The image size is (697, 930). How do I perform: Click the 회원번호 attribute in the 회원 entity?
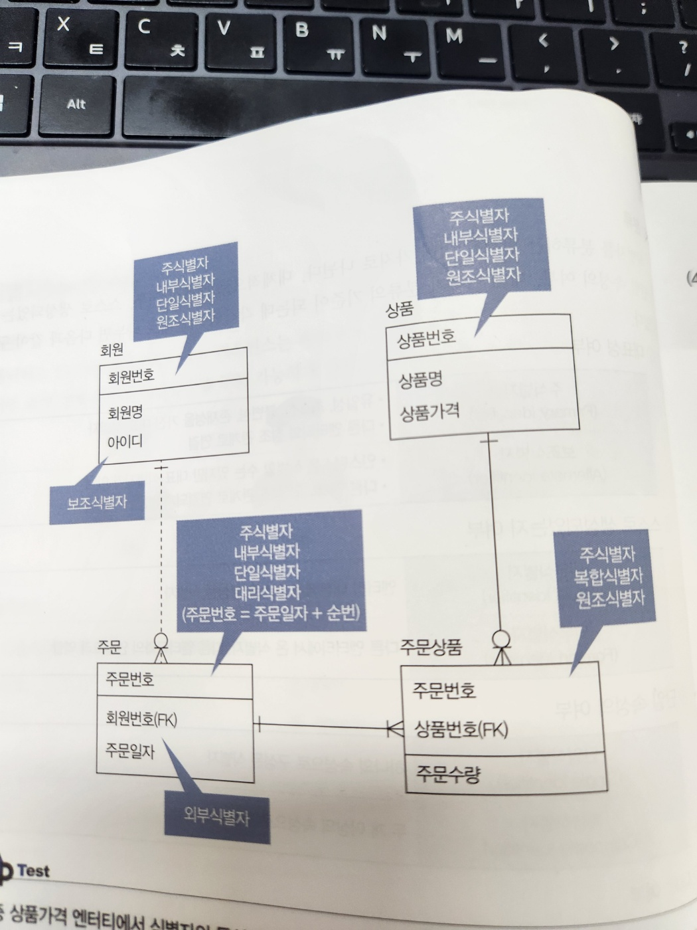[x=131, y=377]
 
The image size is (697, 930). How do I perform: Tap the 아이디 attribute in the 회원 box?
[x=125, y=441]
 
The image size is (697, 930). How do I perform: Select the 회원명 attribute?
[x=125, y=413]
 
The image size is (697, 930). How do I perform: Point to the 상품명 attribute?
[x=420, y=381]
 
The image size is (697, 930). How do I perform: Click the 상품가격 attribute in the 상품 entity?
[x=429, y=413]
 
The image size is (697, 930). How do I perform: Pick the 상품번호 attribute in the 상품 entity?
[x=426, y=339]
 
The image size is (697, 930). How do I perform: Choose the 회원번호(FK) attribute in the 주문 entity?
[x=141, y=719]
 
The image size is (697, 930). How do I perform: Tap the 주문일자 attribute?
[x=130, y=751]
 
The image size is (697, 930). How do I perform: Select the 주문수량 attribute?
[x=448, y=773]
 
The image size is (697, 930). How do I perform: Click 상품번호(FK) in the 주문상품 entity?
[x=461, y=729]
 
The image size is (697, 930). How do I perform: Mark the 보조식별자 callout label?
[x=97, y=502]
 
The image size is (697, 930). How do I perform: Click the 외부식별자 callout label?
[x=217, y=816]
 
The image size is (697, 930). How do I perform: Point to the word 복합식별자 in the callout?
[x=609, y=576]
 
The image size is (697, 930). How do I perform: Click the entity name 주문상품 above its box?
[x=431, y=647]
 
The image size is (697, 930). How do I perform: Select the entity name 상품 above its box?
[x=400, y=309]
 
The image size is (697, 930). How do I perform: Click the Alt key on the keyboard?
[x=76, y=104]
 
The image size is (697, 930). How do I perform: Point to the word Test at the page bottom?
[x=33, y=870]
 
